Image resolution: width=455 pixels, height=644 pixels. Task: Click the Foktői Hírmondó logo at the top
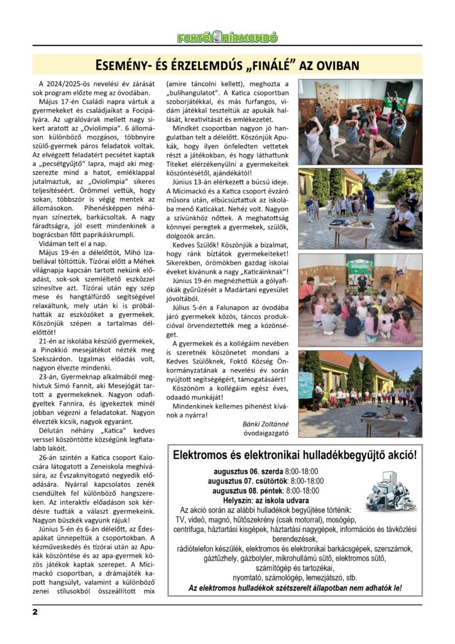227,38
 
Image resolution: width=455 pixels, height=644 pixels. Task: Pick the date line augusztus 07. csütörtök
266,480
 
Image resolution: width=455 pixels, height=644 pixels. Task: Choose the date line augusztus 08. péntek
265,491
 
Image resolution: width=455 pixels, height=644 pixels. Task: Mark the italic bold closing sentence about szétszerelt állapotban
295,588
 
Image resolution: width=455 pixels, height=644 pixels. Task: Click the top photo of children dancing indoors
360,121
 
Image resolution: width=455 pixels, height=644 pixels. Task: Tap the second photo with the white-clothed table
360,208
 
